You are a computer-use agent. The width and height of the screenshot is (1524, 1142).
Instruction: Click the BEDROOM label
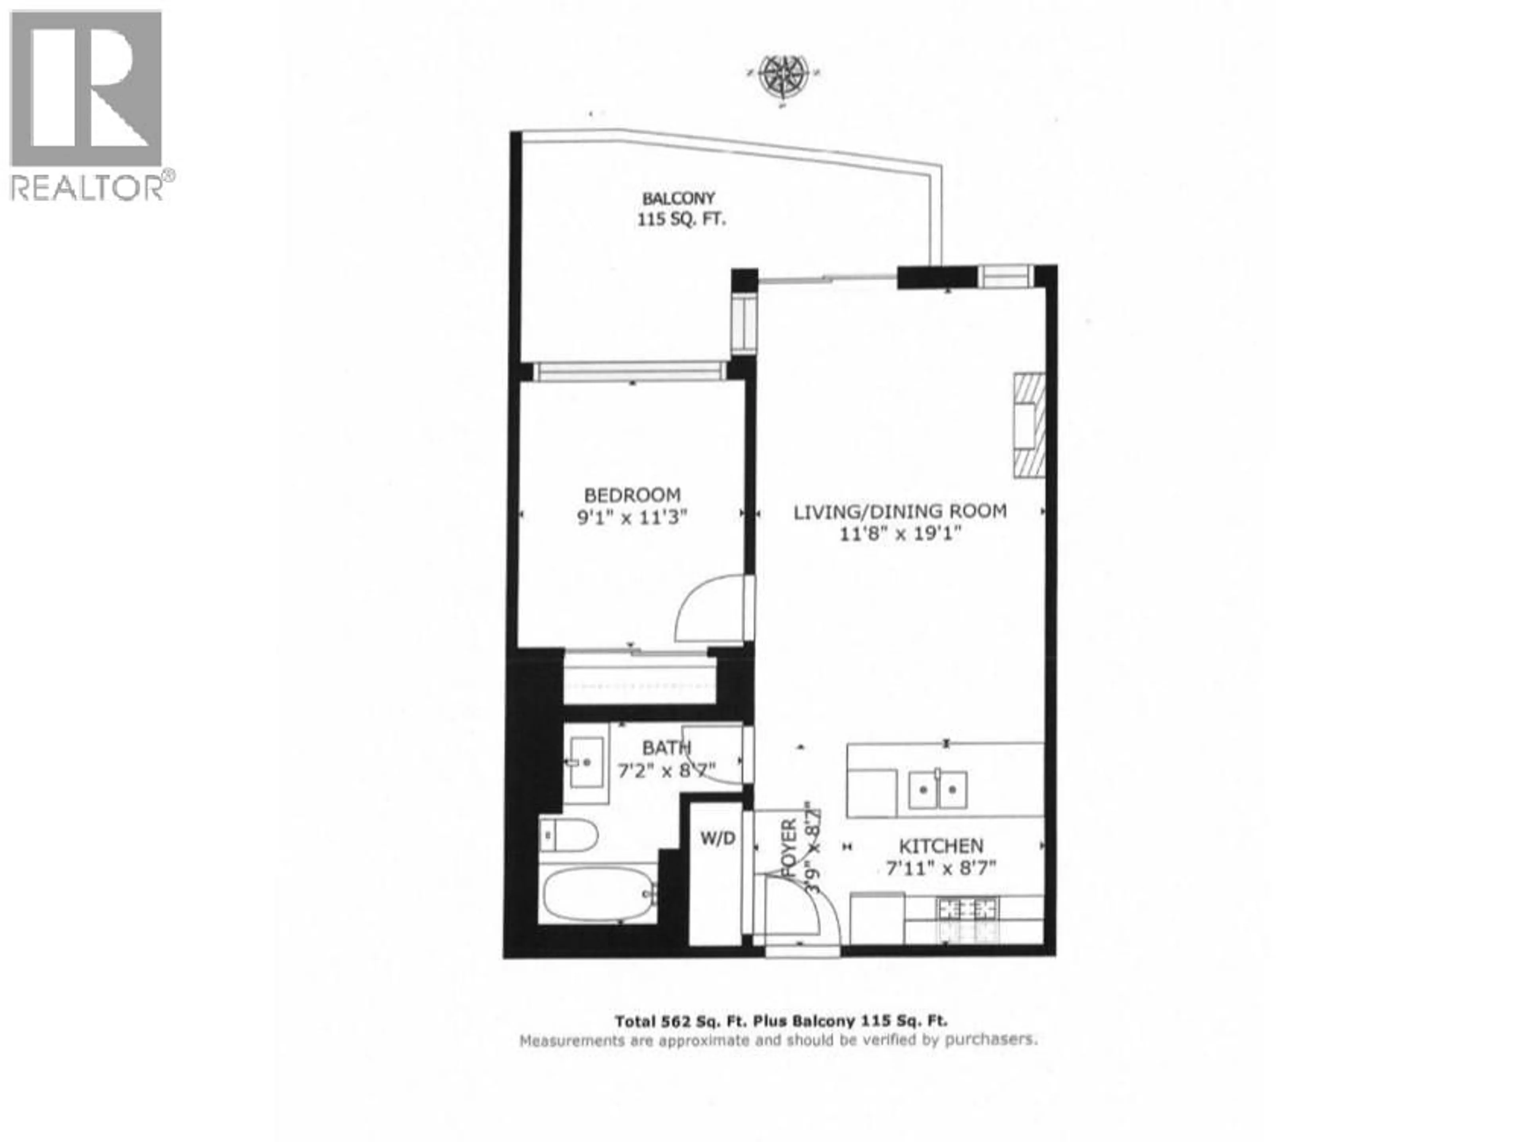(632, 495)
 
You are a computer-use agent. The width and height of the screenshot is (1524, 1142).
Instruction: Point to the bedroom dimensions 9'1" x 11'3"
(632, 517)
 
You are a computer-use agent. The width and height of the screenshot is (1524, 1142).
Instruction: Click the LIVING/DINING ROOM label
(900, 511)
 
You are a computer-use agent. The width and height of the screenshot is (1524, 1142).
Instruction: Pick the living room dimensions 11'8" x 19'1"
(900, 533)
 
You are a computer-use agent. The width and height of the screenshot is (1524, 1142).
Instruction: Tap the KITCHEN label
(941, 846)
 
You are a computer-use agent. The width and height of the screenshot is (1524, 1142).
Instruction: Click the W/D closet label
(718, 838)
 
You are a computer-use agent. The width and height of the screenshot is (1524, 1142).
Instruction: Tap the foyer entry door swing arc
(806, 909)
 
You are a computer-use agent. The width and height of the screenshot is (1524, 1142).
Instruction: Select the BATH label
(666, 747)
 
